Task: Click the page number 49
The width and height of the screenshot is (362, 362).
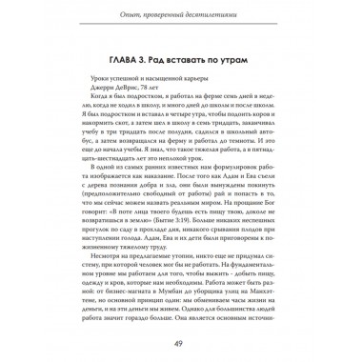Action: coord(181,344)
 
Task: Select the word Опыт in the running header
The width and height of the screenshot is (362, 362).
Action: coord(122,10)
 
